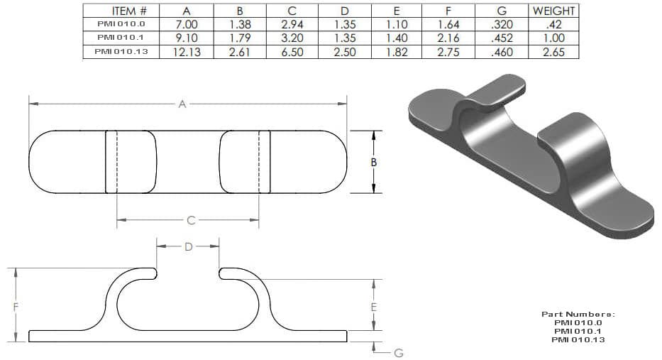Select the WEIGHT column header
tap(553, 11)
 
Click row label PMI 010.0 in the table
tap(121, 24)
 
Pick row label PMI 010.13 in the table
tap(121, 52)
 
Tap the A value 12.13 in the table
tap(186, 52)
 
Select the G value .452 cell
tap(502, 38)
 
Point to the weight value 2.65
tap(553, 52)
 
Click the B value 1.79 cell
tap(239, 38)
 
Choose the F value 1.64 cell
tap(448, 24)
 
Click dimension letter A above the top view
tap(182, 104)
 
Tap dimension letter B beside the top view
tap(374, 162)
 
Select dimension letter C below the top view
tap(190, 221)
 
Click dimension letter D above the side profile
tap(188, 246)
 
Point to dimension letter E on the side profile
tap(374, 307)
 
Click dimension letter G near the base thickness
tap(398, 351)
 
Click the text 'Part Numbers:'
tap(578, 314)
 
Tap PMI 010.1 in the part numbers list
tap(578, 331)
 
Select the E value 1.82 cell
tap(396, 52)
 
